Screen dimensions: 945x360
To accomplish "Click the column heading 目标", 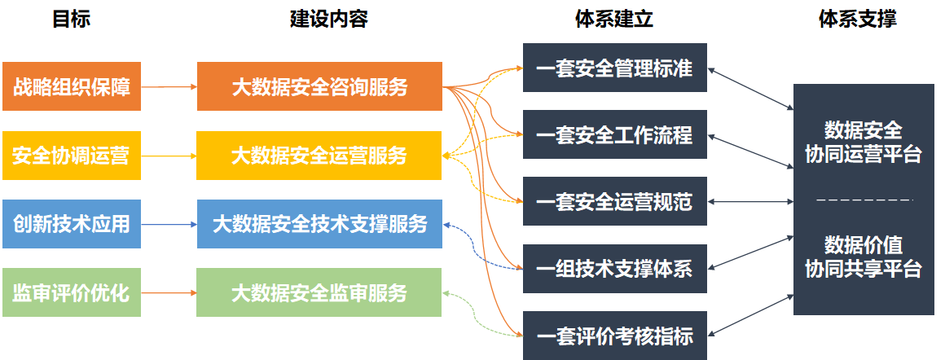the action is [72, 20].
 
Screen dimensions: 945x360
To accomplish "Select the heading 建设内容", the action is [329, 20].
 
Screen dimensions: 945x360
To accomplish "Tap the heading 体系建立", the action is [614, 20].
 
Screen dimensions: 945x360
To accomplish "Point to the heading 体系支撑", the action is [858, 20].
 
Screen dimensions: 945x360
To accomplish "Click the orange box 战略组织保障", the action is [72, 86].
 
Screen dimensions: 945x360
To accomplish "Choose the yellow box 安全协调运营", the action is [72, 156].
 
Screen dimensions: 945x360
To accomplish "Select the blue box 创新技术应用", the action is [72, 224].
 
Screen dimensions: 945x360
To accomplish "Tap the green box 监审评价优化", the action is [72, 292].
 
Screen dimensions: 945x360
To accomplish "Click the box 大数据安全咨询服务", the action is [319, 86].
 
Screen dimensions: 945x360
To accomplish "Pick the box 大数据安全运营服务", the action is [319, 156].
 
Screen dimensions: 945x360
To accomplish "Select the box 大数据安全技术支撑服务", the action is [319, 224].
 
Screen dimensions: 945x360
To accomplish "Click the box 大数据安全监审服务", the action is [319, 292].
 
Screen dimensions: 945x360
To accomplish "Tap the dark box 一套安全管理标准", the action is [615, 68].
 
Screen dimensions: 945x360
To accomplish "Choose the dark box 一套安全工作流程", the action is [615, 134].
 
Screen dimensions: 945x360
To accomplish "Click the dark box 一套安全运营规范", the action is [615, 201].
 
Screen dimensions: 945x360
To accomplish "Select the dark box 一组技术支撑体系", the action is [615, 268].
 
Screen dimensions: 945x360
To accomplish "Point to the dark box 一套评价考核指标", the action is [615, 336].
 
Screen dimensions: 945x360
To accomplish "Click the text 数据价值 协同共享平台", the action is [864, 257].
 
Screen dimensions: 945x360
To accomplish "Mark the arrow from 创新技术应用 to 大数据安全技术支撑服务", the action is [169, 224].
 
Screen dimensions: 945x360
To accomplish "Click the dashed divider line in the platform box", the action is [864, 199].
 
